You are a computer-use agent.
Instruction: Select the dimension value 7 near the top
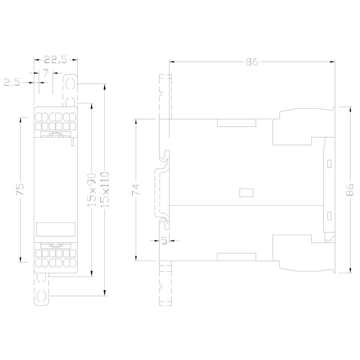tap(46, 73)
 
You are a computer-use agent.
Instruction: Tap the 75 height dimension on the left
tap(21, 189)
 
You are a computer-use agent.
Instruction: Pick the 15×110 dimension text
tap(105, 189)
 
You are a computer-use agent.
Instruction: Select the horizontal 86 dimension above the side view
tap(252, 62)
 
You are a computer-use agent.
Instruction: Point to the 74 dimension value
tap(136, 190)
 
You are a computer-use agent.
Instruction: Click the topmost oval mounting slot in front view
tap(70, 82)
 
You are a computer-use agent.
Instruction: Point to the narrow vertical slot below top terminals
tap(72, 142)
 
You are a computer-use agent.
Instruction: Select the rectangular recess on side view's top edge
tap(237, 123)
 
